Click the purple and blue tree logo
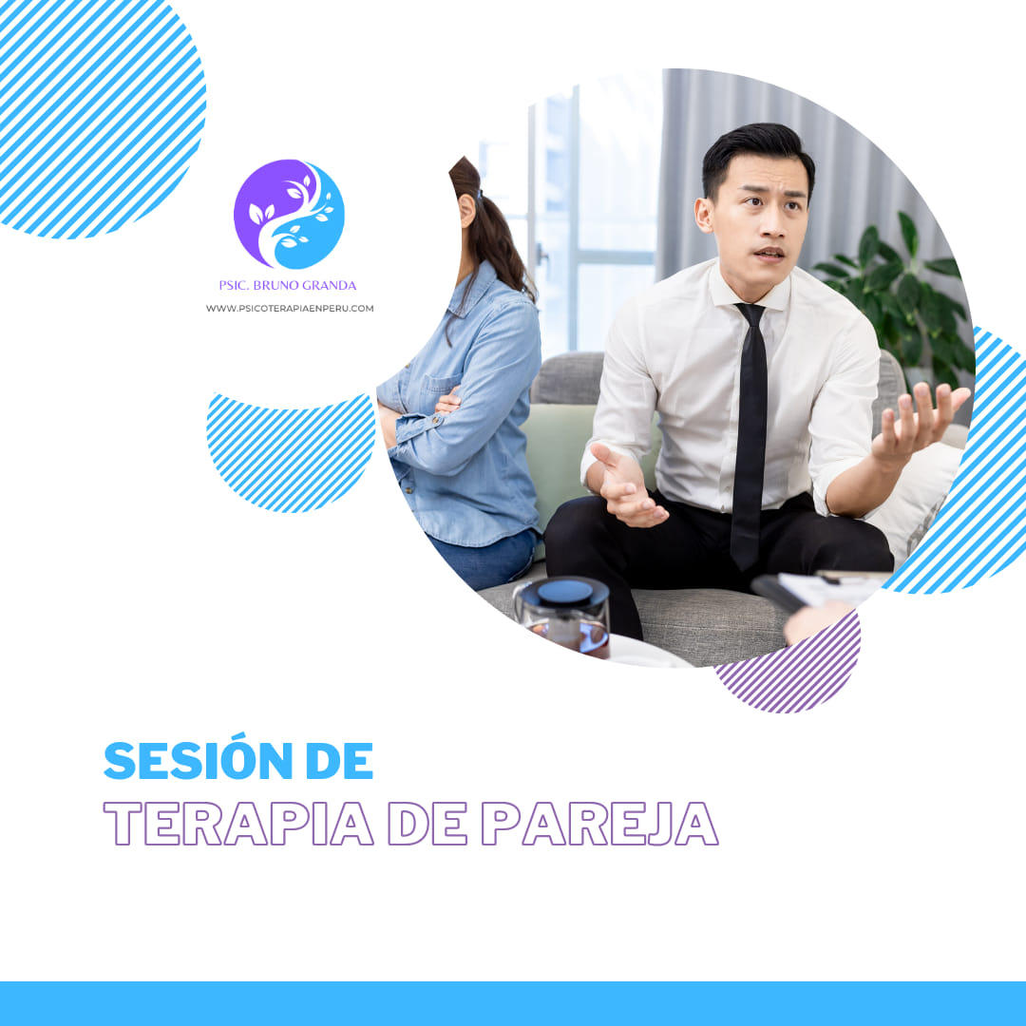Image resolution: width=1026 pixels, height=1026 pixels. (289, 214)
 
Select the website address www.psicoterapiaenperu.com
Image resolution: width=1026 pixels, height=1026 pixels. (290, 308)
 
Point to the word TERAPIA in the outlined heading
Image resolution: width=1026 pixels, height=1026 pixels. (238, 824)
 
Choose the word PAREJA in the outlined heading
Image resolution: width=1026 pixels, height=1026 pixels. (600, 824)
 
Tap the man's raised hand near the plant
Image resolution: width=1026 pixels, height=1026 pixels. (920, 421)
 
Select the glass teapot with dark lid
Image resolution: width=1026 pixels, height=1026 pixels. (562, 614)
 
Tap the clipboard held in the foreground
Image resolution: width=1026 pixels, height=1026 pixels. (818, 589)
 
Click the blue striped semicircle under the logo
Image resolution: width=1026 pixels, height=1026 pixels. (291, 451)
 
